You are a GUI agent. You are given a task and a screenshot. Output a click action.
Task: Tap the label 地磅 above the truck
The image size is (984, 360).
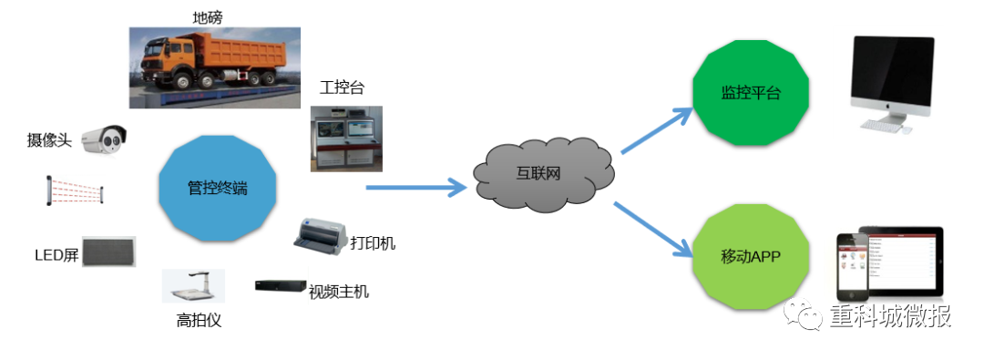208,16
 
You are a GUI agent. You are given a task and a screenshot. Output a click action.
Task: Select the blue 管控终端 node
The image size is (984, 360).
216,190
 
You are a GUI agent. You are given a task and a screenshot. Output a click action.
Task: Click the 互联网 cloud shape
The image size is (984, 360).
544,173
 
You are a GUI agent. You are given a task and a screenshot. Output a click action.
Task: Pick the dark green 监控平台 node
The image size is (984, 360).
751,93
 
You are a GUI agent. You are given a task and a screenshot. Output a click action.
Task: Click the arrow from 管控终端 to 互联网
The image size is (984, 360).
415,189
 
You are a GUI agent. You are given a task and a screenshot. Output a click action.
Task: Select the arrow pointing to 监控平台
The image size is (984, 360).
656,129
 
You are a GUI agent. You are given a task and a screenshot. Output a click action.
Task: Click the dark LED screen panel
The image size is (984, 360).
108,252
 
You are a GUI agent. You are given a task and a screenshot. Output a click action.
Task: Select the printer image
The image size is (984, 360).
320,235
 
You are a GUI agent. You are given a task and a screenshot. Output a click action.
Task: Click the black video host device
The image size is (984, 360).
281,286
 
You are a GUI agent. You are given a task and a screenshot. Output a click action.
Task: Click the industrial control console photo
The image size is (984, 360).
346,139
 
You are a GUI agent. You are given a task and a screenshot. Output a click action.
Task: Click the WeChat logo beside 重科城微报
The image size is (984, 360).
807,315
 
